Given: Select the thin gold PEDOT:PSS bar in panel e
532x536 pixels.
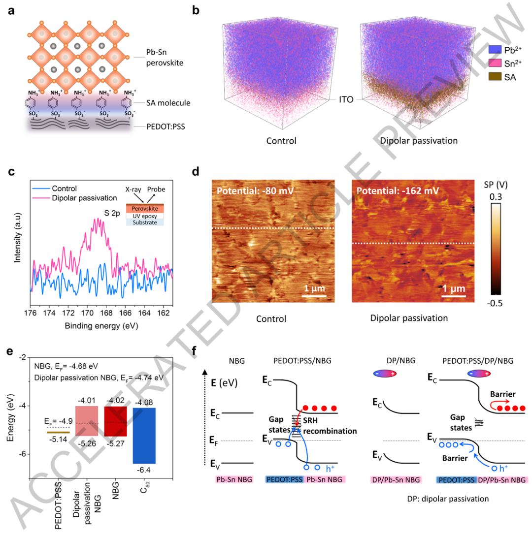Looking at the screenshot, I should point(59,432).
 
